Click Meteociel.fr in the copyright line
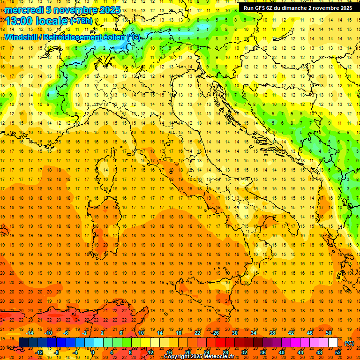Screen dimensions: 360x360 point(222,357)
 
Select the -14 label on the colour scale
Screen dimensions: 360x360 point(30,333)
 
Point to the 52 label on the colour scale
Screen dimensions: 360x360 point(338,352)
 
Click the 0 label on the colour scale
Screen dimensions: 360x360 point(93,352)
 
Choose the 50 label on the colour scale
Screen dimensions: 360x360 point(329,333)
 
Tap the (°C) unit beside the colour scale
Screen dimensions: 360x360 point(349,343)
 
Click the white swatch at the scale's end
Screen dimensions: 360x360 point(333,343)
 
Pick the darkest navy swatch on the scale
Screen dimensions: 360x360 point(23,343)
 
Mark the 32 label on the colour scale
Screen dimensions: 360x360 point(244,352)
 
